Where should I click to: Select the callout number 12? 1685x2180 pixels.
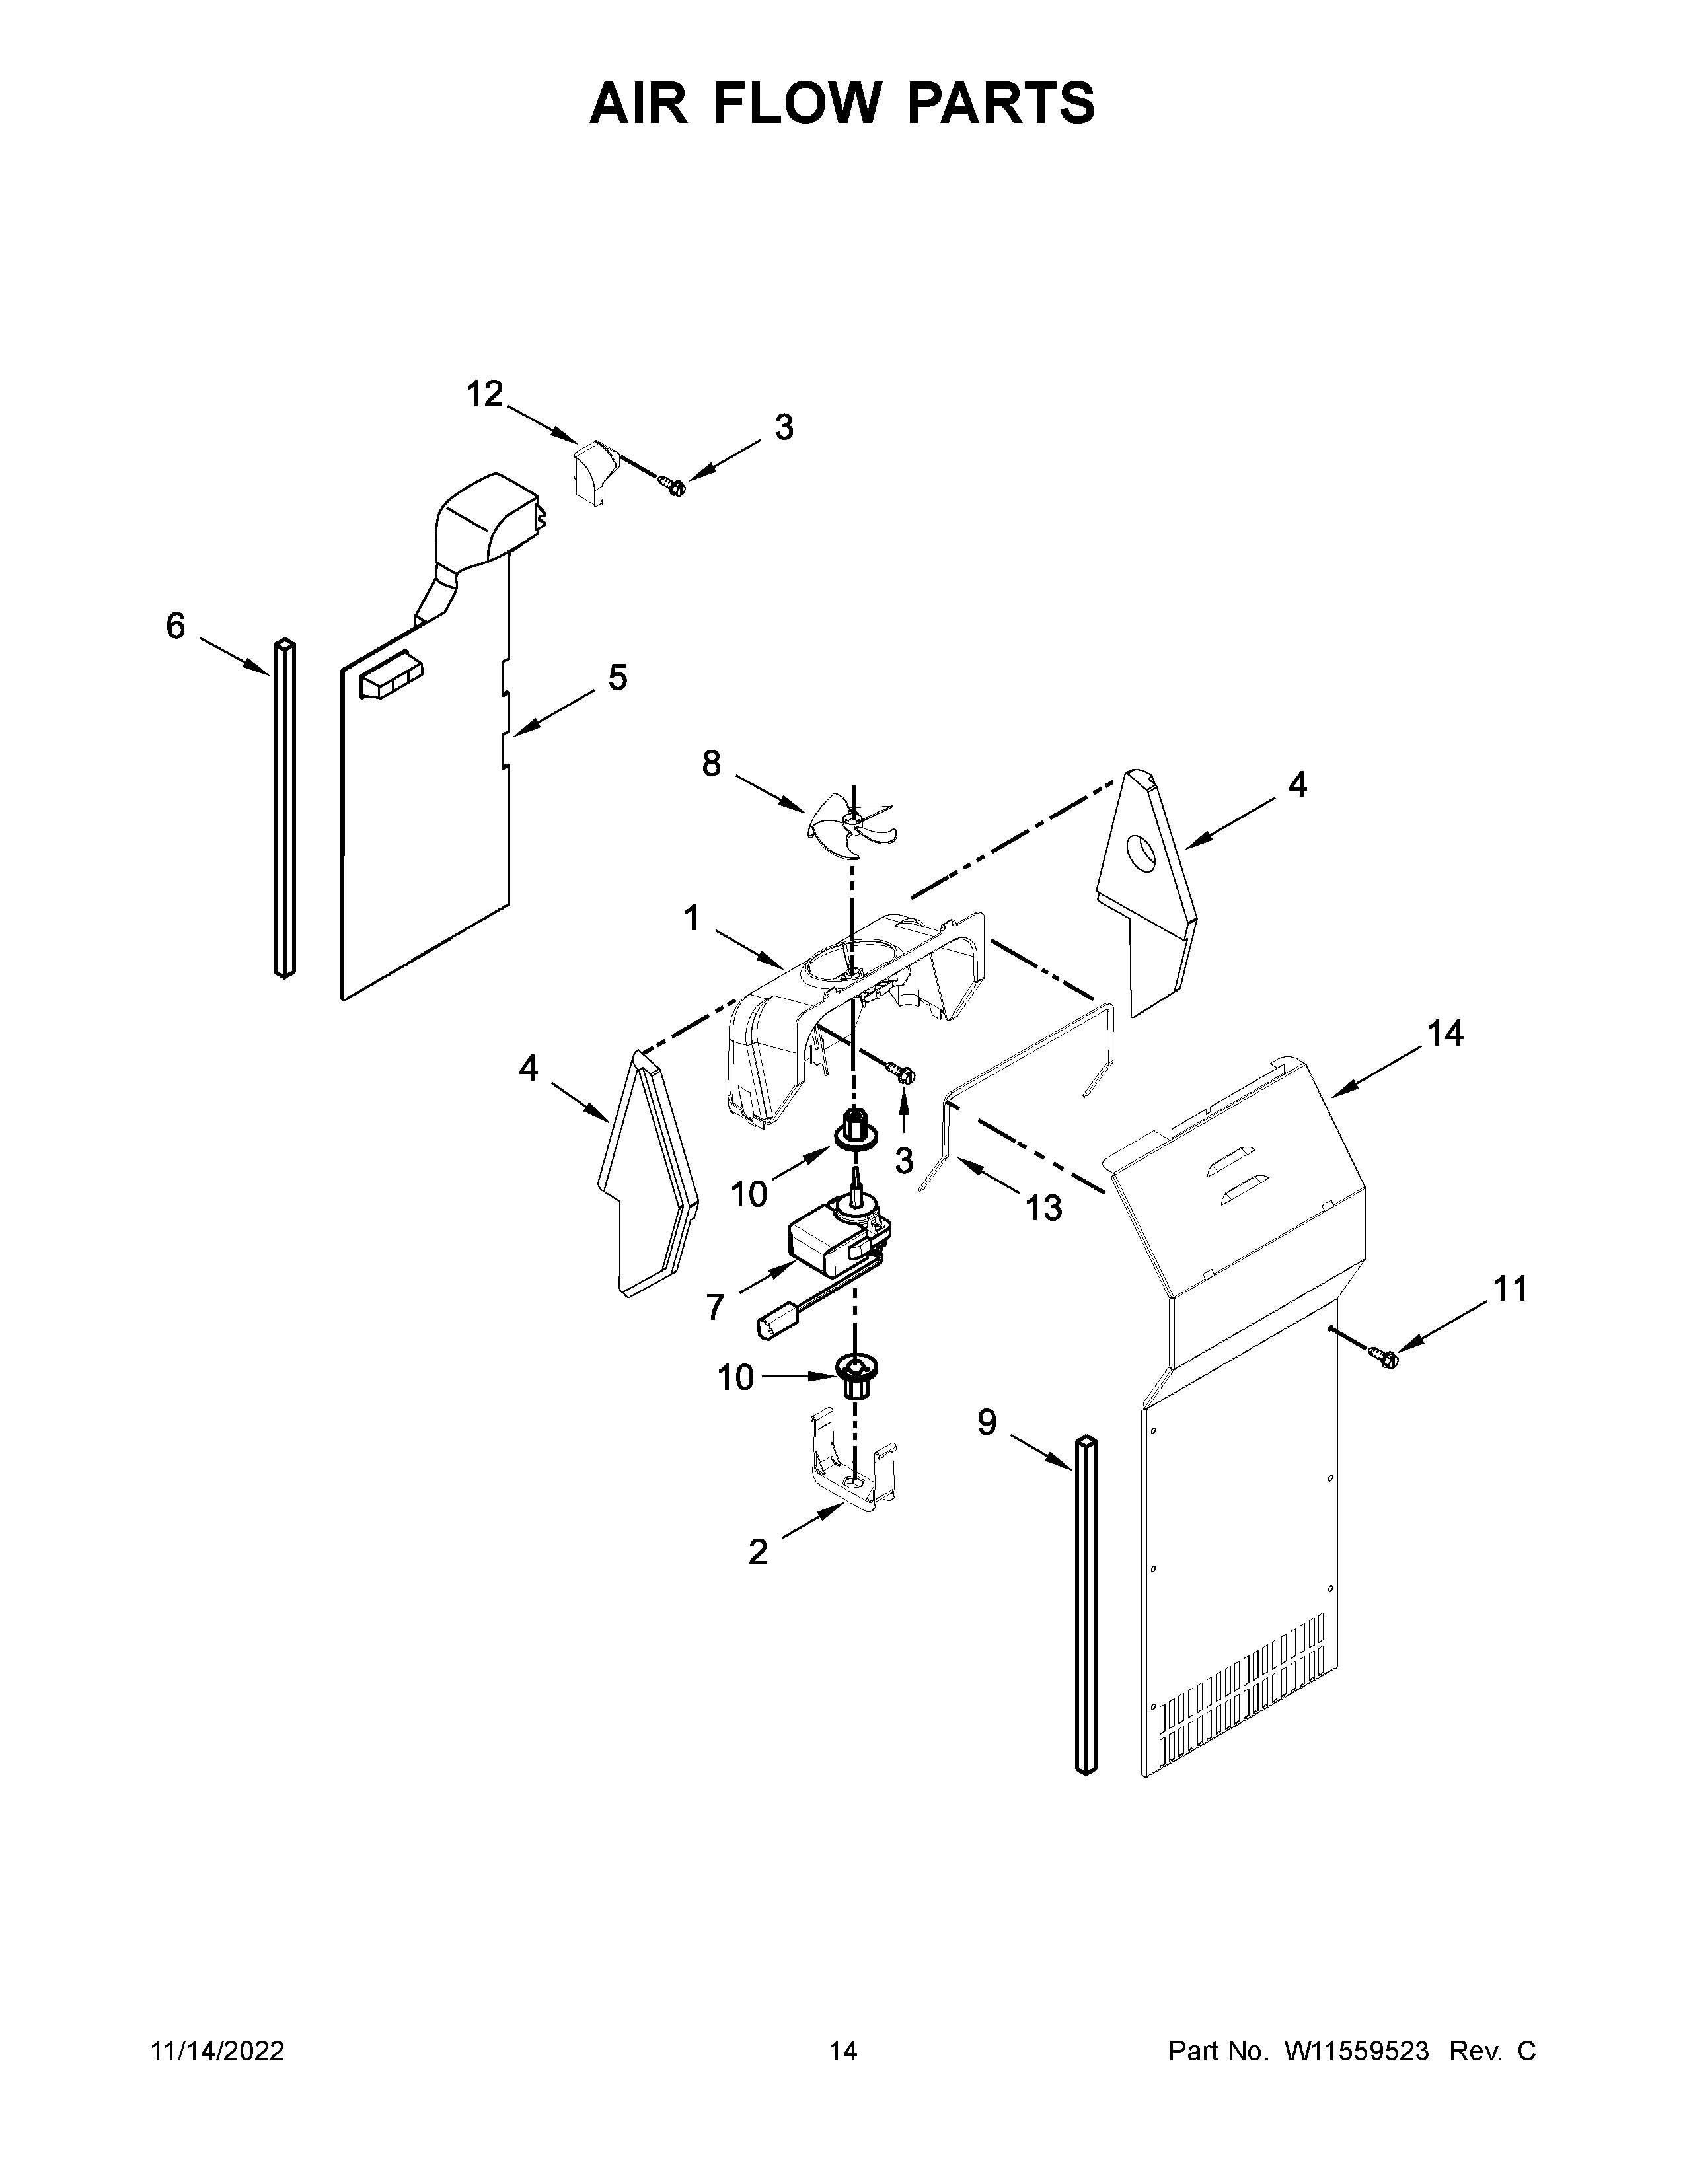coord(485,395)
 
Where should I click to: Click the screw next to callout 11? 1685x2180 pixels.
coord(1386,1356)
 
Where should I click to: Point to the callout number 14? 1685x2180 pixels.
coord(1444,1034)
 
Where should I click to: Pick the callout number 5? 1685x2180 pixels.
coord(618,678)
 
